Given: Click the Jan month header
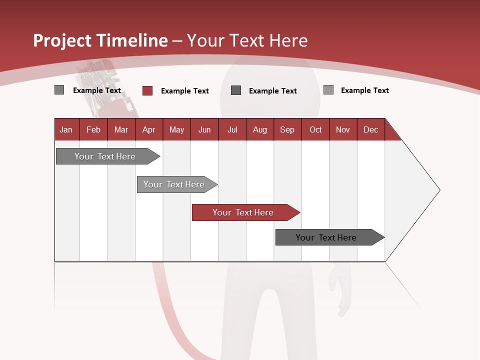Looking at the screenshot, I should [66, 130].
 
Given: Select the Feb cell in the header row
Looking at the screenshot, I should [93, 130].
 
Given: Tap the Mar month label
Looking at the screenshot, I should [121, 130].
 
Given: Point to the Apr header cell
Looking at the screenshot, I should [148, 130].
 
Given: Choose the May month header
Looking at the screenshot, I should [176, 130].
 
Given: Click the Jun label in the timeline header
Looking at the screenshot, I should [204, 130].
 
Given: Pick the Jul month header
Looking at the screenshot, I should [232, 130].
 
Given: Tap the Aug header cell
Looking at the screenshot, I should [259, 130].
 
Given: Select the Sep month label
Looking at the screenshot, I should [287, 130].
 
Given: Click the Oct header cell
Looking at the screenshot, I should [315, 130].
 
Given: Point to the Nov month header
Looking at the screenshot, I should [343, 130].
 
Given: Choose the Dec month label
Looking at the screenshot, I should [370, 130].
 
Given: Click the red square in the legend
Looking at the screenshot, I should [147, 90].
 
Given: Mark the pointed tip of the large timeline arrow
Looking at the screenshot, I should [439, 190].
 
